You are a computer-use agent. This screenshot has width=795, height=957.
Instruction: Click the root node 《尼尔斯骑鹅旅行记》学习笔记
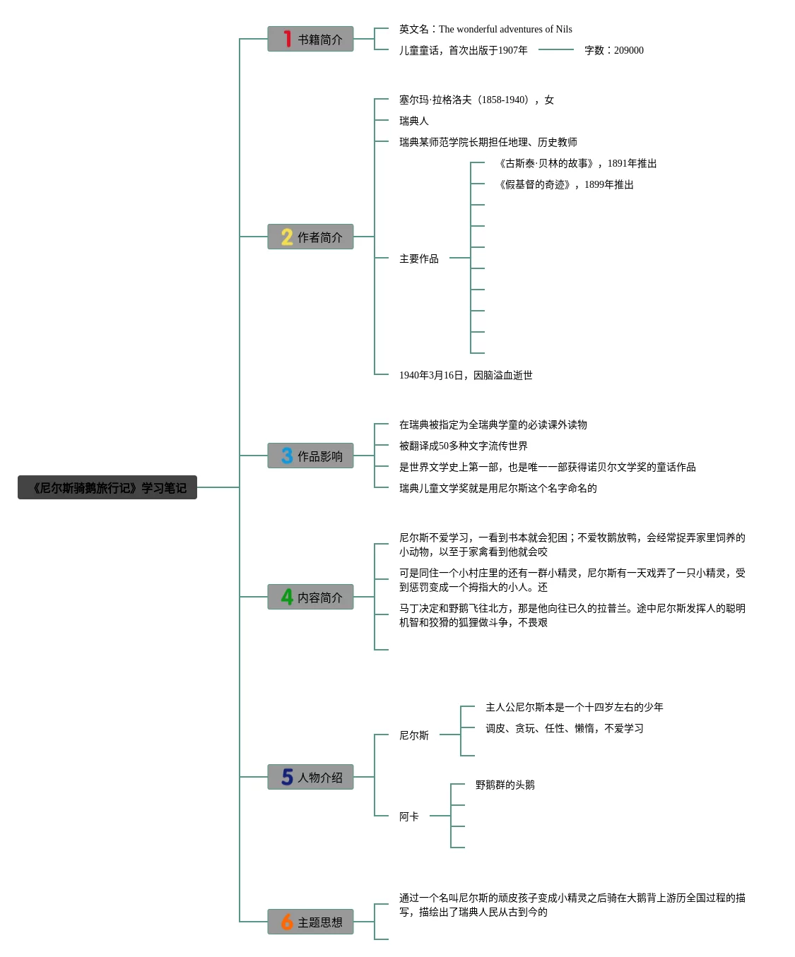pyautogui.click(x=107, y=487)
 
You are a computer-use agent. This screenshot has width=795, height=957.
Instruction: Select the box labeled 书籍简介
pyautogui.click(x=310, y=39)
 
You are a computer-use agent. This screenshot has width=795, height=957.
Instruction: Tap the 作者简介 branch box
pyautogui.click(x=310, y=237)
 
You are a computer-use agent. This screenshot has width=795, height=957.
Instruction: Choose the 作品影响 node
pyautogui.click(x=310, y=456)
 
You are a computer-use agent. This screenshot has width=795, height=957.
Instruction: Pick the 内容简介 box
pyautogui.click(x=310, y=597)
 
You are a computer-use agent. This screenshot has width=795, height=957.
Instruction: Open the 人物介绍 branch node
pyautogui.click(x=310, y=777)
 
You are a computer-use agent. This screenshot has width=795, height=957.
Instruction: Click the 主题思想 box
pyautogui.click(x=310, y=922)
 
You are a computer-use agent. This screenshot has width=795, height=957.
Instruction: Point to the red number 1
pyautogui.click(x=288, y=39)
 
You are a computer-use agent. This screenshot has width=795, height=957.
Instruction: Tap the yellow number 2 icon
pyautogui.click(x=287, y=237)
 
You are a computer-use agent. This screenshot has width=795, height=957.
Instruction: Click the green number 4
pyautogui.click(x=287, y=597)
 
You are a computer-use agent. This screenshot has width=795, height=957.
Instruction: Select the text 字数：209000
pyautogui.click(x=614, y=50)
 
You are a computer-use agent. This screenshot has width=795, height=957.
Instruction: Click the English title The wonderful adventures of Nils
pyautogui.click(x=505, y=30)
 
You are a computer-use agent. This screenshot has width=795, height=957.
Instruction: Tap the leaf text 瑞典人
pyautogui.click(x=414, y=121)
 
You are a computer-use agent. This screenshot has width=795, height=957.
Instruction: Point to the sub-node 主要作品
pyautogui.click(x=419, y=258)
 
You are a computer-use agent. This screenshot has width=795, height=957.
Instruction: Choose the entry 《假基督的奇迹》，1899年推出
pyautogui.click(x=565, y=185)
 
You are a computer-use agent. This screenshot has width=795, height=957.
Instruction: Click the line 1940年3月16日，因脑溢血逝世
pyautogui.click(x=466, y=375)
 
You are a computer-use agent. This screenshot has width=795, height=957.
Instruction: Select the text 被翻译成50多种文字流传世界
pyautogui.click(x=464, y=446)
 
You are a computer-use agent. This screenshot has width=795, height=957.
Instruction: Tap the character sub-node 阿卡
pyautogui.click(x=408, y=816)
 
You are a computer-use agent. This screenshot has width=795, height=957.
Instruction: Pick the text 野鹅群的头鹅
pyautogui.click(x=505, y=785)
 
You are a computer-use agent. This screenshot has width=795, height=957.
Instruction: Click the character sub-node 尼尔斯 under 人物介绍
pyautogui.click(x=414, y=735)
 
